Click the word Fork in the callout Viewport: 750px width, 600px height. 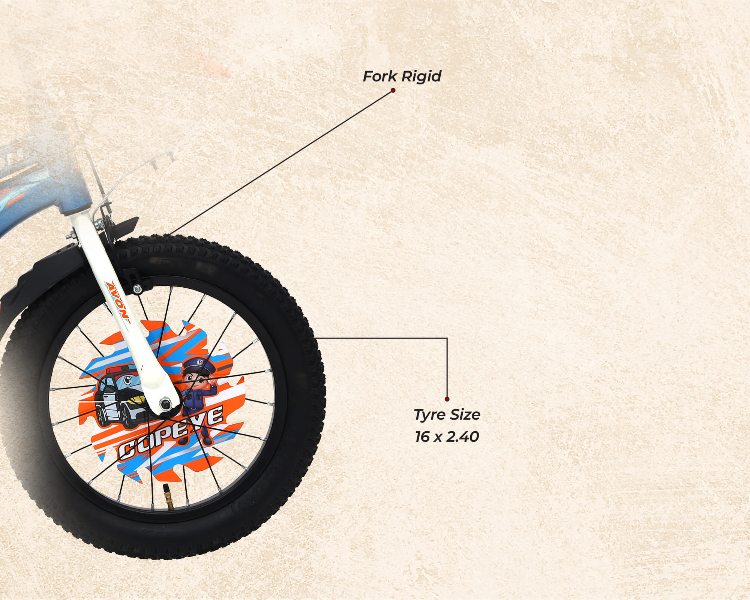tap(380, 76)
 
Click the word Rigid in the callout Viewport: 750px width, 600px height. tap(421, 76)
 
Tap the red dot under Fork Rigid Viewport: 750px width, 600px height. tap(393, 90)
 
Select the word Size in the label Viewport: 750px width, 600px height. tap(465, 415)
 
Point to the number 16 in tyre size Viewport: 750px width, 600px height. tap(422, 436)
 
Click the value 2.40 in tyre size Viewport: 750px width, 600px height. tap(462, 436)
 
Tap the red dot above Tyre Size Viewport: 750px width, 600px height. tap(447, 399)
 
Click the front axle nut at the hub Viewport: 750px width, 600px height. tap(165, 404)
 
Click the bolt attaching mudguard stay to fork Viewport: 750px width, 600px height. tap(137, 289)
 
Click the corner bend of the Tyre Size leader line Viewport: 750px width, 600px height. tap(447, 338)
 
